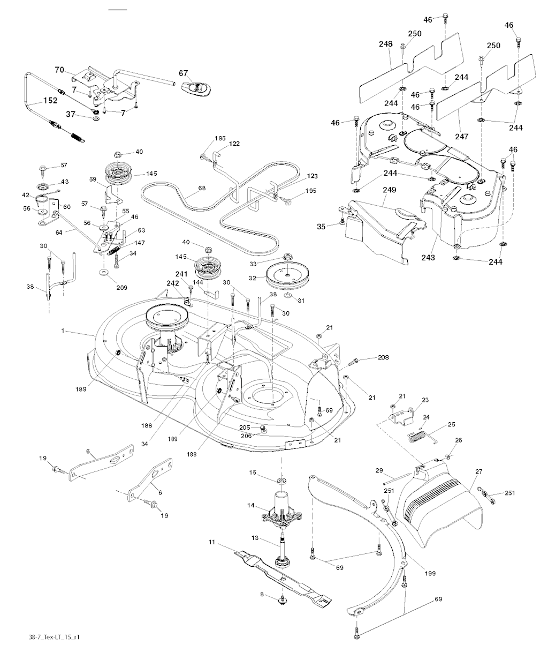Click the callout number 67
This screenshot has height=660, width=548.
click(184, 73)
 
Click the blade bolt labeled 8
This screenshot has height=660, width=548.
click(281, 599)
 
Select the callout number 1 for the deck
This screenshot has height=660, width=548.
click(63, 332)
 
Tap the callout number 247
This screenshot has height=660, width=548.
click(462, 121)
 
